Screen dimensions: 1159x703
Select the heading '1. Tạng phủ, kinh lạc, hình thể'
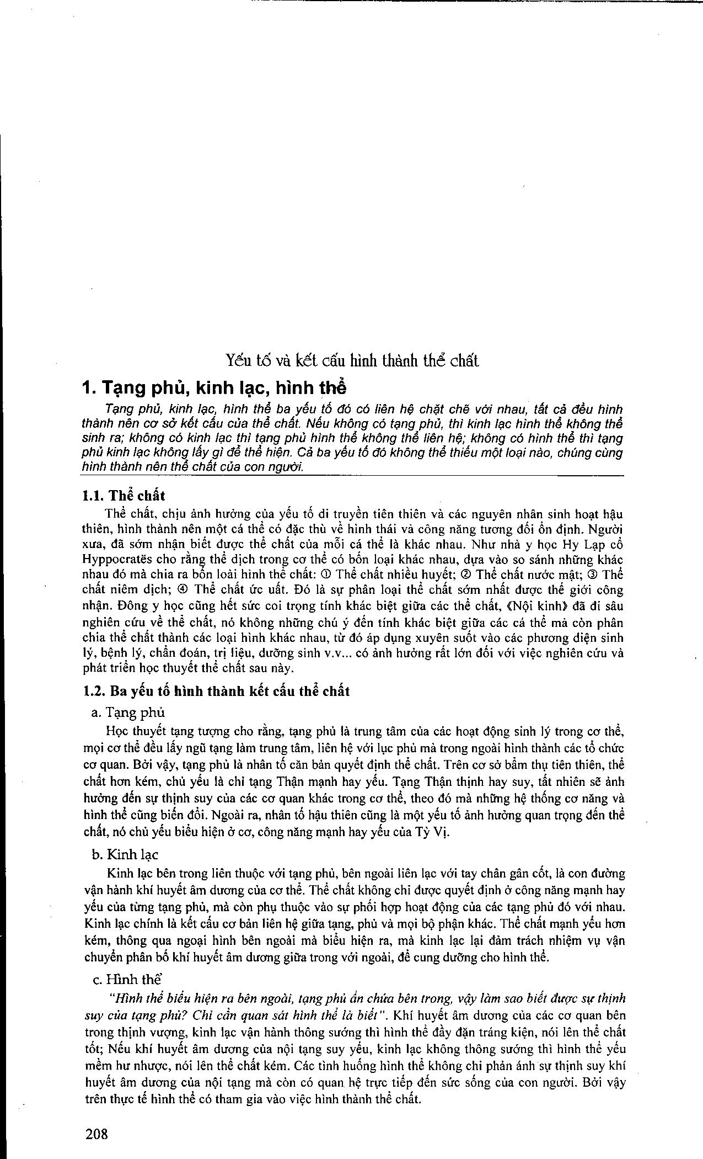[214, 388]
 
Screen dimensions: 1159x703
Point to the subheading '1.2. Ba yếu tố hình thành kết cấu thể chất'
[216, 691]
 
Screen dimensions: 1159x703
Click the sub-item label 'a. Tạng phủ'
[128, 712]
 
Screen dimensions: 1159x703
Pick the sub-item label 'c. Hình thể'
[126, 980]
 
